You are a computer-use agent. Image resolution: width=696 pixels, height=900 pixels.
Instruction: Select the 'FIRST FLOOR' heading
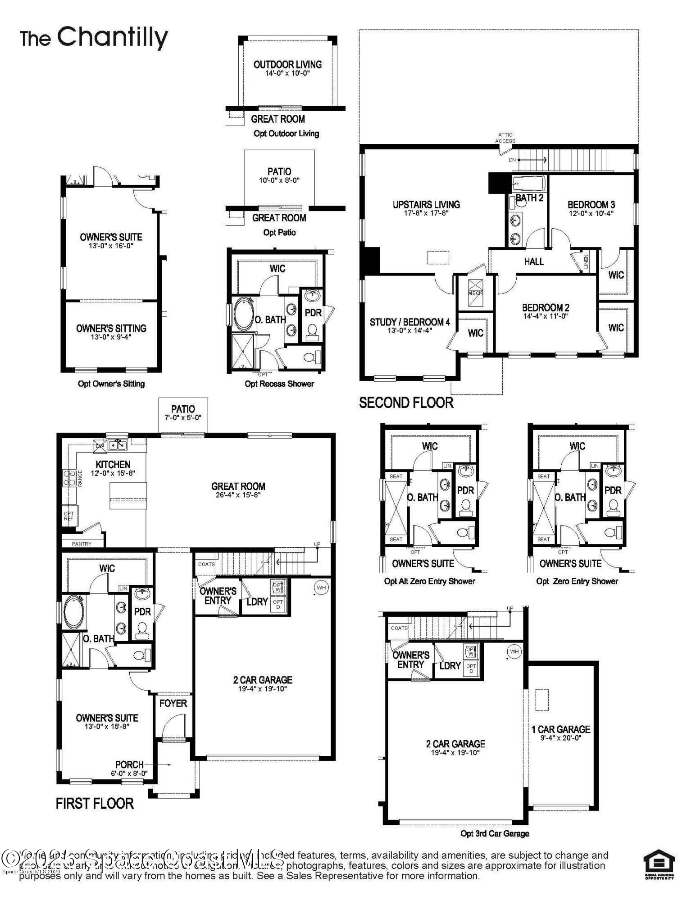click(x=95, y=803)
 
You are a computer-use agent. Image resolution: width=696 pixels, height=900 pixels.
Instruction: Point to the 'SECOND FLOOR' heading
click(x=406, y=402)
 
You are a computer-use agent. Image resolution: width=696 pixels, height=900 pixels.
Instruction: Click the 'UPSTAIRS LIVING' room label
click(x=426, y=205)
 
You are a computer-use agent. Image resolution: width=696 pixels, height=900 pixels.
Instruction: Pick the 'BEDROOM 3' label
click(x=591, y=205)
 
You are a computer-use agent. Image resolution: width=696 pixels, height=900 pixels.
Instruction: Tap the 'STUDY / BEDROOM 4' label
click(x=409, y=322)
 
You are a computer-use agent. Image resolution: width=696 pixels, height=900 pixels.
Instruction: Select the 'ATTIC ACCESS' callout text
click(x=505, y=138)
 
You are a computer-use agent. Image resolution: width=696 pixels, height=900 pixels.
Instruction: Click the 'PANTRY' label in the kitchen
click(x=82, y=544)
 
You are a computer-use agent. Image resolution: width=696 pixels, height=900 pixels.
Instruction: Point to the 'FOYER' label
click(x=173, y=703)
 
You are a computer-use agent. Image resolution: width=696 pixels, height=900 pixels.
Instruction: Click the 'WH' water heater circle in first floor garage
click(x=321, y=587)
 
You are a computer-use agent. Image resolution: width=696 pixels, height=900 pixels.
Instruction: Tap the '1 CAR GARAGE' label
click(x=560, y=729)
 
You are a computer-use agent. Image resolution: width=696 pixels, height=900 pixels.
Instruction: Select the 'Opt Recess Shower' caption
click(x=279, y=383)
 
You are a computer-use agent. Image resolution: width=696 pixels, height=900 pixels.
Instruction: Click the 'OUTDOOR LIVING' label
click(x=287, y=64)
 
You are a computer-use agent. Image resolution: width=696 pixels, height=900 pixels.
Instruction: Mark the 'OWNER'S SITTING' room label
click(x=111, y=328)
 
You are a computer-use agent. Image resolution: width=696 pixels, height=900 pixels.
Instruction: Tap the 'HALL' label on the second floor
click(x=533, y=261)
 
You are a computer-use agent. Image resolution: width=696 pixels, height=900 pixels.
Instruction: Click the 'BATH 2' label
click(x=529, y=198)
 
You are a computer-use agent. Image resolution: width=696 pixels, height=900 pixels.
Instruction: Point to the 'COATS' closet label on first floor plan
click(x=206, y=564)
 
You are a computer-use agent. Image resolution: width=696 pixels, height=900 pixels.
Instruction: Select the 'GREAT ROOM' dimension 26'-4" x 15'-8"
click(x=238, y=495)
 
